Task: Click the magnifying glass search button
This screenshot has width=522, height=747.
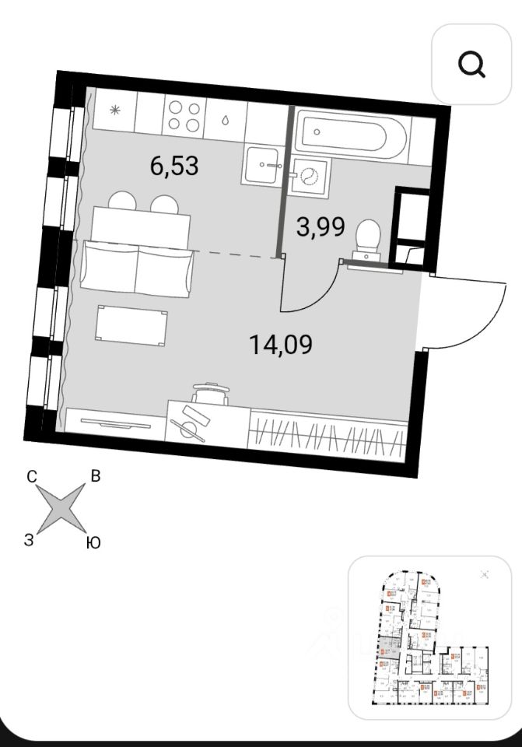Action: [471, 64]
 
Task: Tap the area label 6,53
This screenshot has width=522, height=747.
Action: [174, 165]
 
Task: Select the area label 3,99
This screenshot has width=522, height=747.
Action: [321, 226]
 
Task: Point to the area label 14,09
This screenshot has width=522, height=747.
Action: [281, 343]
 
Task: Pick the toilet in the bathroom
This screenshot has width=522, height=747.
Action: [366, 237]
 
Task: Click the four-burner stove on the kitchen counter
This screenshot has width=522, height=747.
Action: [184, 115]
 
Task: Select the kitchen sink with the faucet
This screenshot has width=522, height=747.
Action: [265, 164]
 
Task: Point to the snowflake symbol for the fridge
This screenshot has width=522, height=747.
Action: [114, 110]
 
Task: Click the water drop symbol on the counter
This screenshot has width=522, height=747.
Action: [225, 121]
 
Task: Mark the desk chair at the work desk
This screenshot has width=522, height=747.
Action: [210, 394]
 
